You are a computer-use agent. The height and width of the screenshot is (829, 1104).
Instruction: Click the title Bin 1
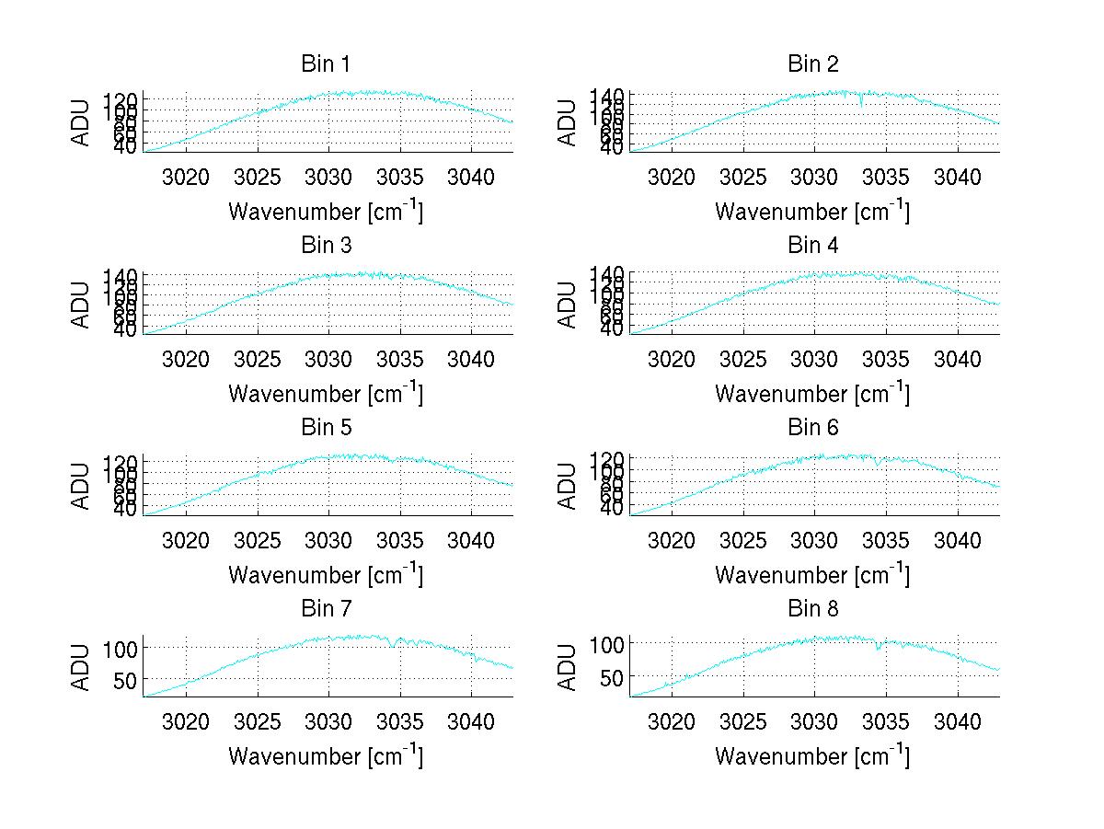[x=325, y=64]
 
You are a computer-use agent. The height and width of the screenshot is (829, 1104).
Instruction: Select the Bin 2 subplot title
[x=812, y=64]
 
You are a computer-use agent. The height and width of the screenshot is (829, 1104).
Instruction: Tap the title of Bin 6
[x=812, y=428]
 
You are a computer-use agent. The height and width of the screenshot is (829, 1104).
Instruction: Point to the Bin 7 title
[x=325, y=609]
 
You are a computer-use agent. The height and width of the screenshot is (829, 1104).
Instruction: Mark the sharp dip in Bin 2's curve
[x=861, y=102]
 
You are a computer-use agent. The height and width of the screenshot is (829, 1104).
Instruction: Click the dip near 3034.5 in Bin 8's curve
[x=878, y=648]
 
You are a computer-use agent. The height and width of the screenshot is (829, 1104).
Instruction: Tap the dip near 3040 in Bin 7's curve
[x=475, y=658]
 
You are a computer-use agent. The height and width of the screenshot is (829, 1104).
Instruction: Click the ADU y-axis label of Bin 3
[x=82, y=305]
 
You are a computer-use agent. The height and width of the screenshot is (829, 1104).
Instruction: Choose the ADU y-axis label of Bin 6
[x=569, y=486]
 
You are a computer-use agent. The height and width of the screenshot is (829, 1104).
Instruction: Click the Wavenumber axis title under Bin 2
[x=812, y=212]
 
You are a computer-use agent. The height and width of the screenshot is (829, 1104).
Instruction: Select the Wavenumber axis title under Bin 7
[x=325, y=756]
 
